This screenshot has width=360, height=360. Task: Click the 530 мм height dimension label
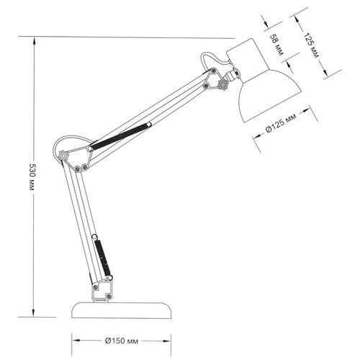coord(32,177)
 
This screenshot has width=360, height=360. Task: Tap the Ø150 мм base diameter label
coord(122,341)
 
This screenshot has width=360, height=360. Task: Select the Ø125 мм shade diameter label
coord(281,122)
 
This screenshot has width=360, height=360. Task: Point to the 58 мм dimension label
coord(276,45)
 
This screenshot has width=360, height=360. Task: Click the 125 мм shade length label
coord(311,45)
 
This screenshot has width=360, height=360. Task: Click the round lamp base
coord(122,310)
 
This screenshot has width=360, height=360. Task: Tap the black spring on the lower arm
coord(102,258)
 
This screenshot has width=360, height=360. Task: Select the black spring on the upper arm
coord(120,136)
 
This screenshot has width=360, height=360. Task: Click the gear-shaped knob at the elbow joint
coord(63,156)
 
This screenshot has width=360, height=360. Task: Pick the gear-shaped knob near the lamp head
coord(222,84)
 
